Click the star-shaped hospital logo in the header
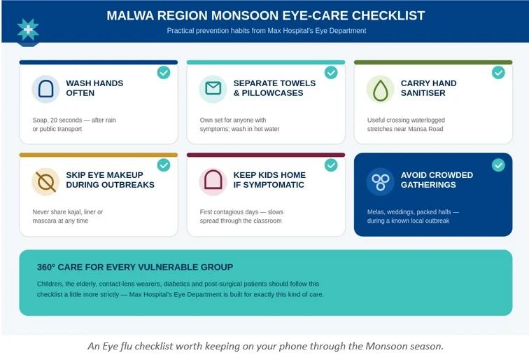pyautogui.click(x=28, y=29)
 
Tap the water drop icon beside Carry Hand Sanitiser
pyautogui.click(x=380, y=90)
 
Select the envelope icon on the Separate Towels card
pyautogui.click(x=213, y=88)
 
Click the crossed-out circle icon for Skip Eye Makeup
pyautogui.click(x=46, y=182)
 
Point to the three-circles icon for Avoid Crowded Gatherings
pyautogui.click(x=380, y=182)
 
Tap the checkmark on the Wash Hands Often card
pyautogui.click(x=164, y=73)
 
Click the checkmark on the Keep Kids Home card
pyautogui.click(x=331, y=165)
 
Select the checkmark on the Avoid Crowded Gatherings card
pyautogui.click(x=498, y=165)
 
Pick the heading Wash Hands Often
pyautogui.click(x=94, y=88)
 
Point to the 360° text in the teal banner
pyautogui.click(x=46, y=267)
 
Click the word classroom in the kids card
pyautogui.click(x=264, y=221)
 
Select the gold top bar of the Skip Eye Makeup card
pyautogui.click(x=99, y=155)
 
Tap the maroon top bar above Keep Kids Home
pyautogui.click(x=266, y=155)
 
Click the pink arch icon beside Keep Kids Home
pyautogui.click(x=213, y=180)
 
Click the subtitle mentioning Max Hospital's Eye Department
pyautogui.click(x=267, y=31)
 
